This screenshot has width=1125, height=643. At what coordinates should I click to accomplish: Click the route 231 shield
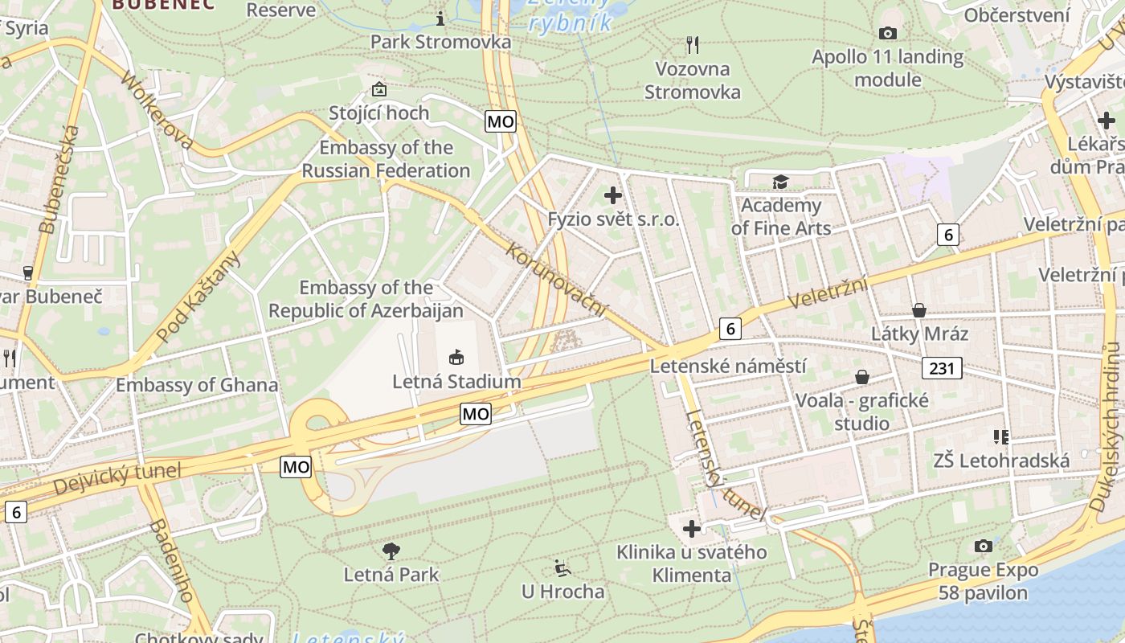tap(942, 368)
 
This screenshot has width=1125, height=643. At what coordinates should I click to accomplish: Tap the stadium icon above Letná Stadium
tap(456, 356)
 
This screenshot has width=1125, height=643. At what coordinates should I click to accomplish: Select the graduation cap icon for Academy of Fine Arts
tap(779, 182)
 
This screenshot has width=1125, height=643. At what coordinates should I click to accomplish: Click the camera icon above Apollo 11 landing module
tap(887, 33)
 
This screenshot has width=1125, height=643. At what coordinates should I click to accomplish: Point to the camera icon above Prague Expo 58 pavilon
tap(983, 547)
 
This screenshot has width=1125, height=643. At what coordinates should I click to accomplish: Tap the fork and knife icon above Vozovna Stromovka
tap(693, 44)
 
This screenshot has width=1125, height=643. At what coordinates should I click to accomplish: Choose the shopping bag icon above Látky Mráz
tap(919, 310)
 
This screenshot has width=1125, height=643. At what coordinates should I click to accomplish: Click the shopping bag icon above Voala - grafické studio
tap(862, 377)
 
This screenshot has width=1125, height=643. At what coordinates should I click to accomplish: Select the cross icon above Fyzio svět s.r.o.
tap(613, 195)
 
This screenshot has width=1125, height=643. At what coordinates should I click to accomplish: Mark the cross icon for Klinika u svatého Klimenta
tap(691, 529)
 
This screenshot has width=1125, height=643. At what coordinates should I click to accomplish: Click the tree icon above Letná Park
tap(391, 551)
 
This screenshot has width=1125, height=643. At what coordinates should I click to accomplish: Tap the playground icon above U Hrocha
tap(562, 568)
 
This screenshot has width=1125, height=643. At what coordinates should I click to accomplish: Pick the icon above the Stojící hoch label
tap(378, 89)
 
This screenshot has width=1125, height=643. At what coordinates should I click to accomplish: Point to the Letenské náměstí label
tap(728, 367)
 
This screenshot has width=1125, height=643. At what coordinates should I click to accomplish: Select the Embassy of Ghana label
tap(197, 385)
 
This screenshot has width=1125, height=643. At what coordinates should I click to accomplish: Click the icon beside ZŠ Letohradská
tap(1000, 437)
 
